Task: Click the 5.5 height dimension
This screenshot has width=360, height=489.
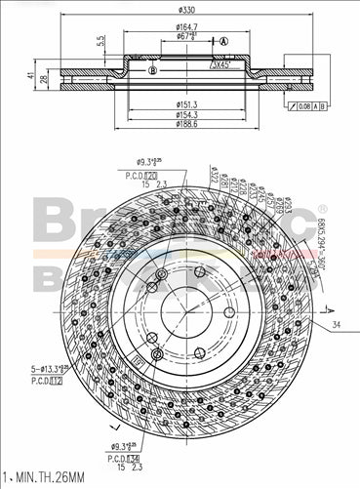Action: pyautogui.click(x=101, y=42)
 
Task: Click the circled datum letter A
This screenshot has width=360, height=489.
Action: pyautogui.click(x=223, y=42)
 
